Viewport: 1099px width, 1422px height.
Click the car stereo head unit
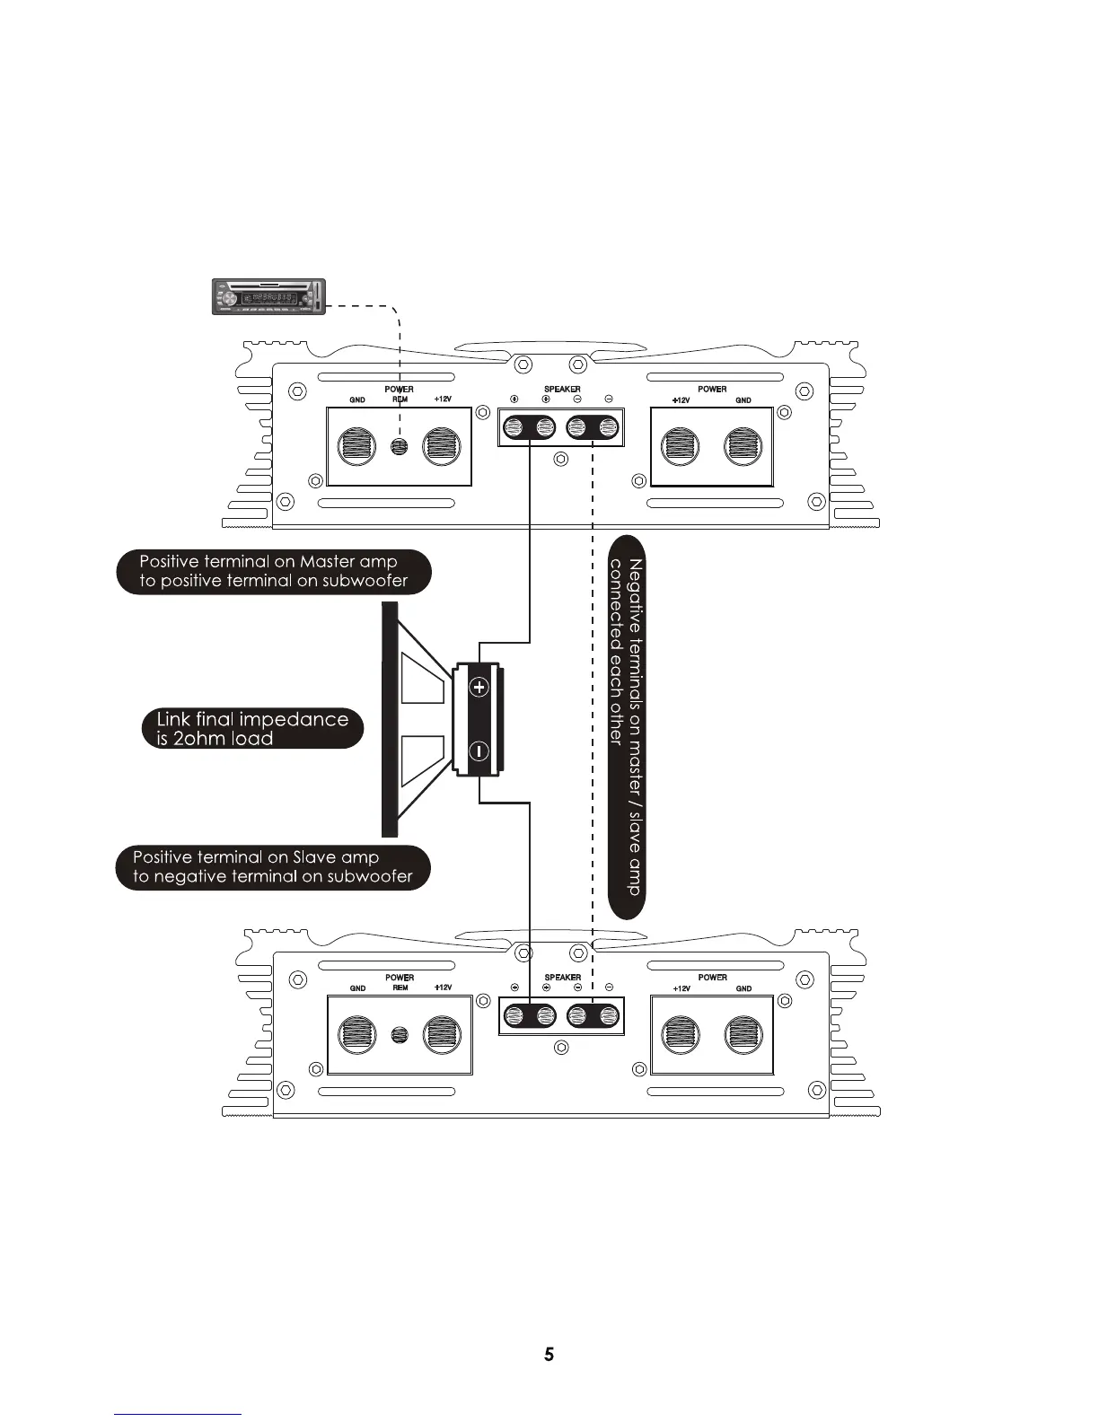point(268,296)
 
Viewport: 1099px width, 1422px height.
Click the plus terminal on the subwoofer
point(479,688)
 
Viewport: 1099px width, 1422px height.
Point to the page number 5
point(549,1355)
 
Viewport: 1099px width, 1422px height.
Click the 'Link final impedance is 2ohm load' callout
point(253,729)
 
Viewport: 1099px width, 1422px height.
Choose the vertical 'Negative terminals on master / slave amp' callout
point(626,727)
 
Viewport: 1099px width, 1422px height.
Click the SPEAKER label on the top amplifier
point(562,389)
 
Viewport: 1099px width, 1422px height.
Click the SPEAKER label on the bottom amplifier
point(562,977)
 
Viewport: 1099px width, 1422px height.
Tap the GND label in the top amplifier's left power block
point(357,400)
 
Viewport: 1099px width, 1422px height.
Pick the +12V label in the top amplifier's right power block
point(681,400)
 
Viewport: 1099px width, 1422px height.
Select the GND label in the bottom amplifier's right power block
point(743,988)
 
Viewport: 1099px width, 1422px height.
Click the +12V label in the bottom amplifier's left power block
point(442,987)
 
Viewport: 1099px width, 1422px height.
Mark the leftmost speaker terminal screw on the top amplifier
point(515,427)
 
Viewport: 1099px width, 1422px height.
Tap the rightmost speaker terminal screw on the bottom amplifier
point(608,1016)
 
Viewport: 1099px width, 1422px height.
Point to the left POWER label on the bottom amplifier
point(400,977)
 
